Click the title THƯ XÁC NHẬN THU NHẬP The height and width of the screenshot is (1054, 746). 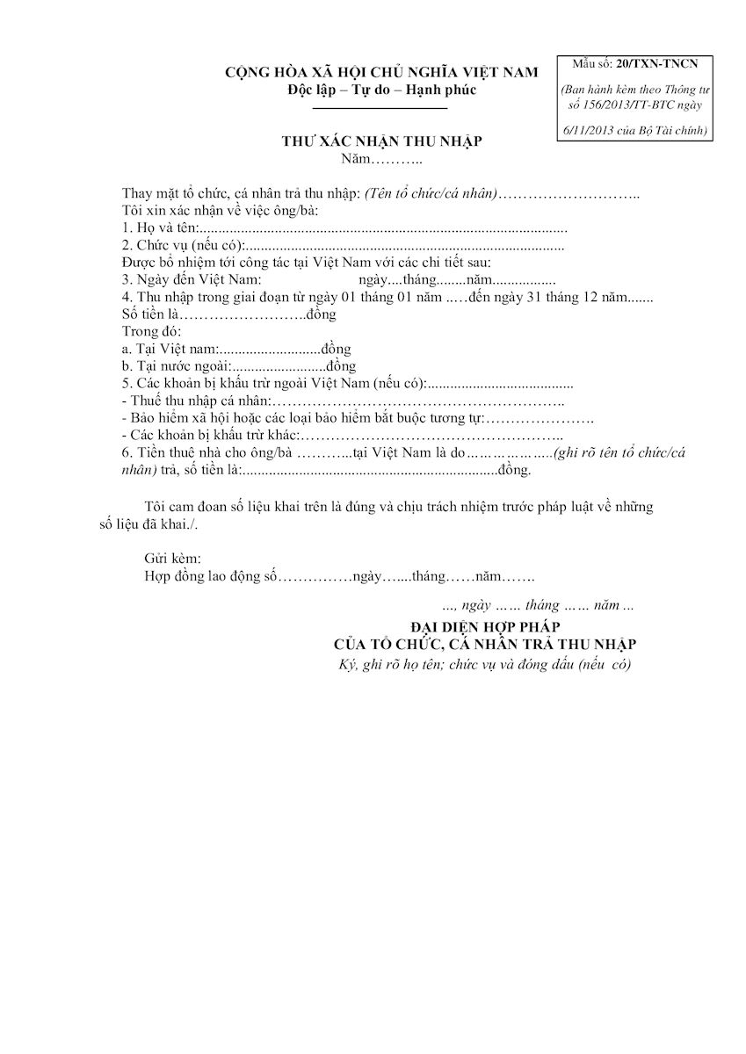click(381, 141)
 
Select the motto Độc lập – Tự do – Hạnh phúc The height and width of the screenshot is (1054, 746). click(381, 90)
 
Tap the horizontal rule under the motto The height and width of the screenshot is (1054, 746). click(380, 107)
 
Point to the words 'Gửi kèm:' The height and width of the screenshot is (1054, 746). click(172, 559)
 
